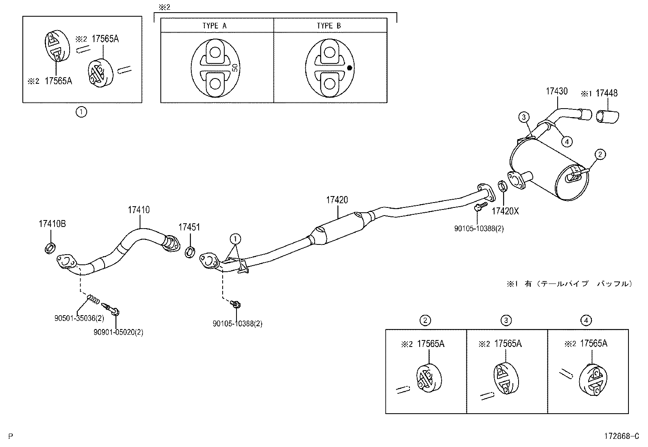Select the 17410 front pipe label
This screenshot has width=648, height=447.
138,210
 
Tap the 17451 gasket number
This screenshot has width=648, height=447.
189,227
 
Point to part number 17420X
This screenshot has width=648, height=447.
505,211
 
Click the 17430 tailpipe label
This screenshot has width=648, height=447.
556,91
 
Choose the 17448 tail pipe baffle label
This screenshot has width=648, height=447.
606,93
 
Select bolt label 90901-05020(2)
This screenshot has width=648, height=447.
118,332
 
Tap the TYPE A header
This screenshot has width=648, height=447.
215,26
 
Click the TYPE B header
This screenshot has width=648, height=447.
329,26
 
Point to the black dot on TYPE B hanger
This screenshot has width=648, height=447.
349,68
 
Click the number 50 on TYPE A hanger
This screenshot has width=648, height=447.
235,68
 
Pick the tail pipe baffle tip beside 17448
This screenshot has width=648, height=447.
606,116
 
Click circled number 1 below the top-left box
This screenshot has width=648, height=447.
81,112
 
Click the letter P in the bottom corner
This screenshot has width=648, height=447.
11,436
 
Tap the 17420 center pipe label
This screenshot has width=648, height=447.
337,200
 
